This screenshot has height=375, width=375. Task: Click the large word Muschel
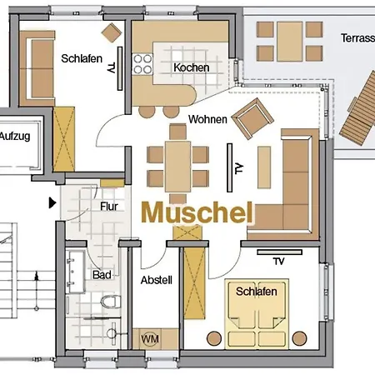[197, 212]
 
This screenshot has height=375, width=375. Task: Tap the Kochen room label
[191, 67]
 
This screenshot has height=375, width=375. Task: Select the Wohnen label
[207, 119]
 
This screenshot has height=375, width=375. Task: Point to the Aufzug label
[16, 137]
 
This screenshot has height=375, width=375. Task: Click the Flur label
[109, 207]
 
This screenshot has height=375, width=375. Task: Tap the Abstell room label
[156, 280]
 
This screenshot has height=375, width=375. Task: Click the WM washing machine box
[150, 339]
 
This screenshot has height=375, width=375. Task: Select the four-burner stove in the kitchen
[140, 63]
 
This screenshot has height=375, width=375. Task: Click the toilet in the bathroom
[107, 302]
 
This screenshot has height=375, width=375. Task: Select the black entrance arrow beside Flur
[53, 201]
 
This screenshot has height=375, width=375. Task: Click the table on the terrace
[288, 37]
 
